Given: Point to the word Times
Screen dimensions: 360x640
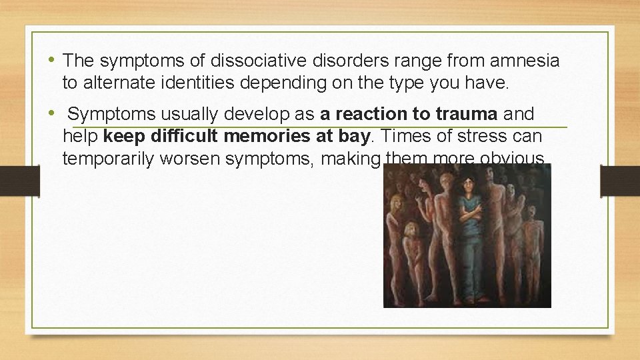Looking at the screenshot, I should click(x=403, y=137).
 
